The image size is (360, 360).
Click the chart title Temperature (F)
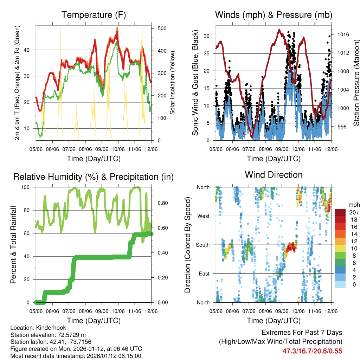tap(94, 15)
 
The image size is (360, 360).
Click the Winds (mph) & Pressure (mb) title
tap(274, 15)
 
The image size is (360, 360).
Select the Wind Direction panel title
tap(274, 175)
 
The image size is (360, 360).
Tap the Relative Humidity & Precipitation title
tap(94, 177)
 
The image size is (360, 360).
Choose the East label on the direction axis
tap(204, 274)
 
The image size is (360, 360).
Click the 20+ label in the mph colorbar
tap(354, 212)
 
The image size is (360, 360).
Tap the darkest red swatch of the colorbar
tap(340, 212)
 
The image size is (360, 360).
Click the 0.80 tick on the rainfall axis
tap(160, 203)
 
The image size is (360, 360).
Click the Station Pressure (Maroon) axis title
tap(356, 83)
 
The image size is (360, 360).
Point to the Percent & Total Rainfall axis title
tap(13, 245)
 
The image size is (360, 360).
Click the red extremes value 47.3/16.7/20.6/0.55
tap(312, 351)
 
